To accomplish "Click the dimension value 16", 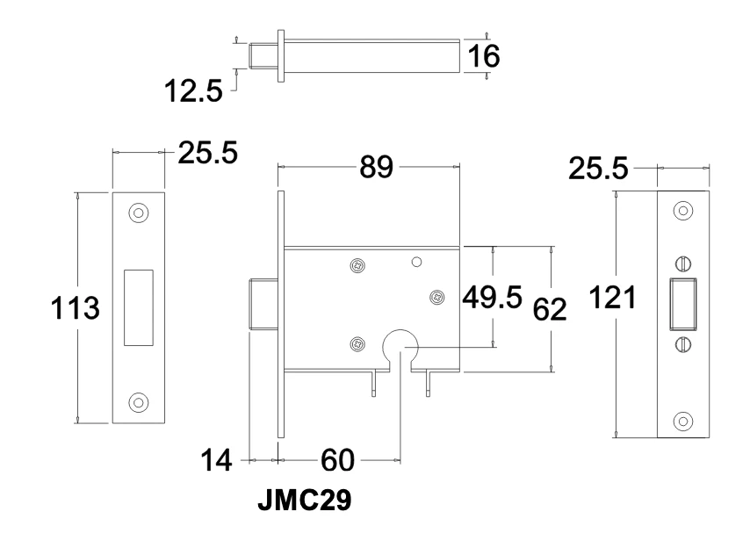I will click(482, 56).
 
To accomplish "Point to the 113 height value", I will click(75, 309).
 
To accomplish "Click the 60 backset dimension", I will click(338, 460).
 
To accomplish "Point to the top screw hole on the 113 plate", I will click(139, 213).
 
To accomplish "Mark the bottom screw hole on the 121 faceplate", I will click(682, 419).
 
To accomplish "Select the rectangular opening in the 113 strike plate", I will click(139, 306).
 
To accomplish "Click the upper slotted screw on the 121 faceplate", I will click(682, 263).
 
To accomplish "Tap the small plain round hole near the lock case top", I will click(417, 261).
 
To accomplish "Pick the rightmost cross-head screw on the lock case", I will click(436, 298).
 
